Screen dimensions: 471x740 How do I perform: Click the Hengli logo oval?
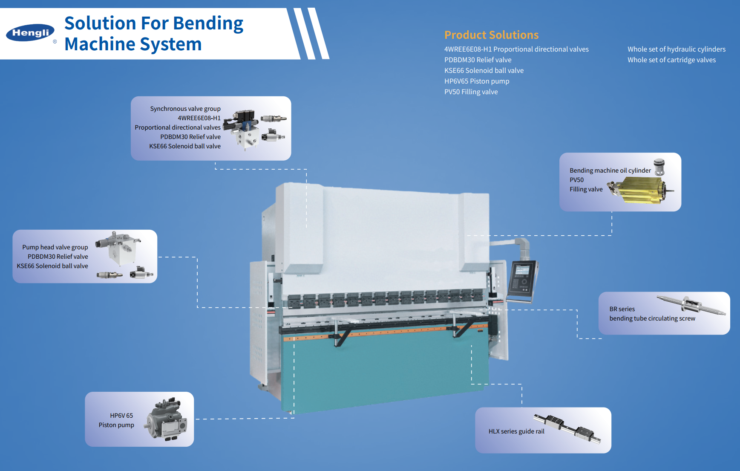pyautogui.click(x=30, y=33)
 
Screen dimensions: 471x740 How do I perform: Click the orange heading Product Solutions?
pyautogui.click(x=491, y=35)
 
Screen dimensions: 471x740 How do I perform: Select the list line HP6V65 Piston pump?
pyautogui.click(x=477, y=81)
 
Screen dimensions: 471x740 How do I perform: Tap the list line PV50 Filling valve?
pyautogui.click(x=471, y=92)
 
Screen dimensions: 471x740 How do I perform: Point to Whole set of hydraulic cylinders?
pyautogui.click(x=676, y=49)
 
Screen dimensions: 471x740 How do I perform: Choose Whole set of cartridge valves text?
pyautogui.click(x=671, y=60)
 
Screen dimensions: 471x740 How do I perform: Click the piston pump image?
pyautogui.click(x=167, y=419)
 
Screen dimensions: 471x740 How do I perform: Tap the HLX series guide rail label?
pyautogui.click(x=516, y=431)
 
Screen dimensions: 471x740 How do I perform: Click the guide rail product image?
pyautogui.click(x=567, y=428)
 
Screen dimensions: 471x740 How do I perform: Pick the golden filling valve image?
pyautogui.click(x=639, y=190)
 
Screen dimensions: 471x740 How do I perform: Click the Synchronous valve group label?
pyautogui.click(x=185, y=109)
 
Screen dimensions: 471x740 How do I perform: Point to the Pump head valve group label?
pyautogui.click(x=55, y=247)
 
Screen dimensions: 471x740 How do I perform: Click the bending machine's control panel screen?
pyautogui.click(x=522, y=270)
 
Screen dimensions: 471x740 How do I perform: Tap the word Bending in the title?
pyautogui.click(x=208, y=23)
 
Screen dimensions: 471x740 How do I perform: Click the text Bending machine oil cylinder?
pyautogui.click(x=610, y=170)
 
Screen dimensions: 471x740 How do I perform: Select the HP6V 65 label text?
pyautogui.click(x=121, y=416)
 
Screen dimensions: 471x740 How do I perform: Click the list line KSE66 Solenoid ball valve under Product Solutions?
pyautogui.click(x=484, y=70)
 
